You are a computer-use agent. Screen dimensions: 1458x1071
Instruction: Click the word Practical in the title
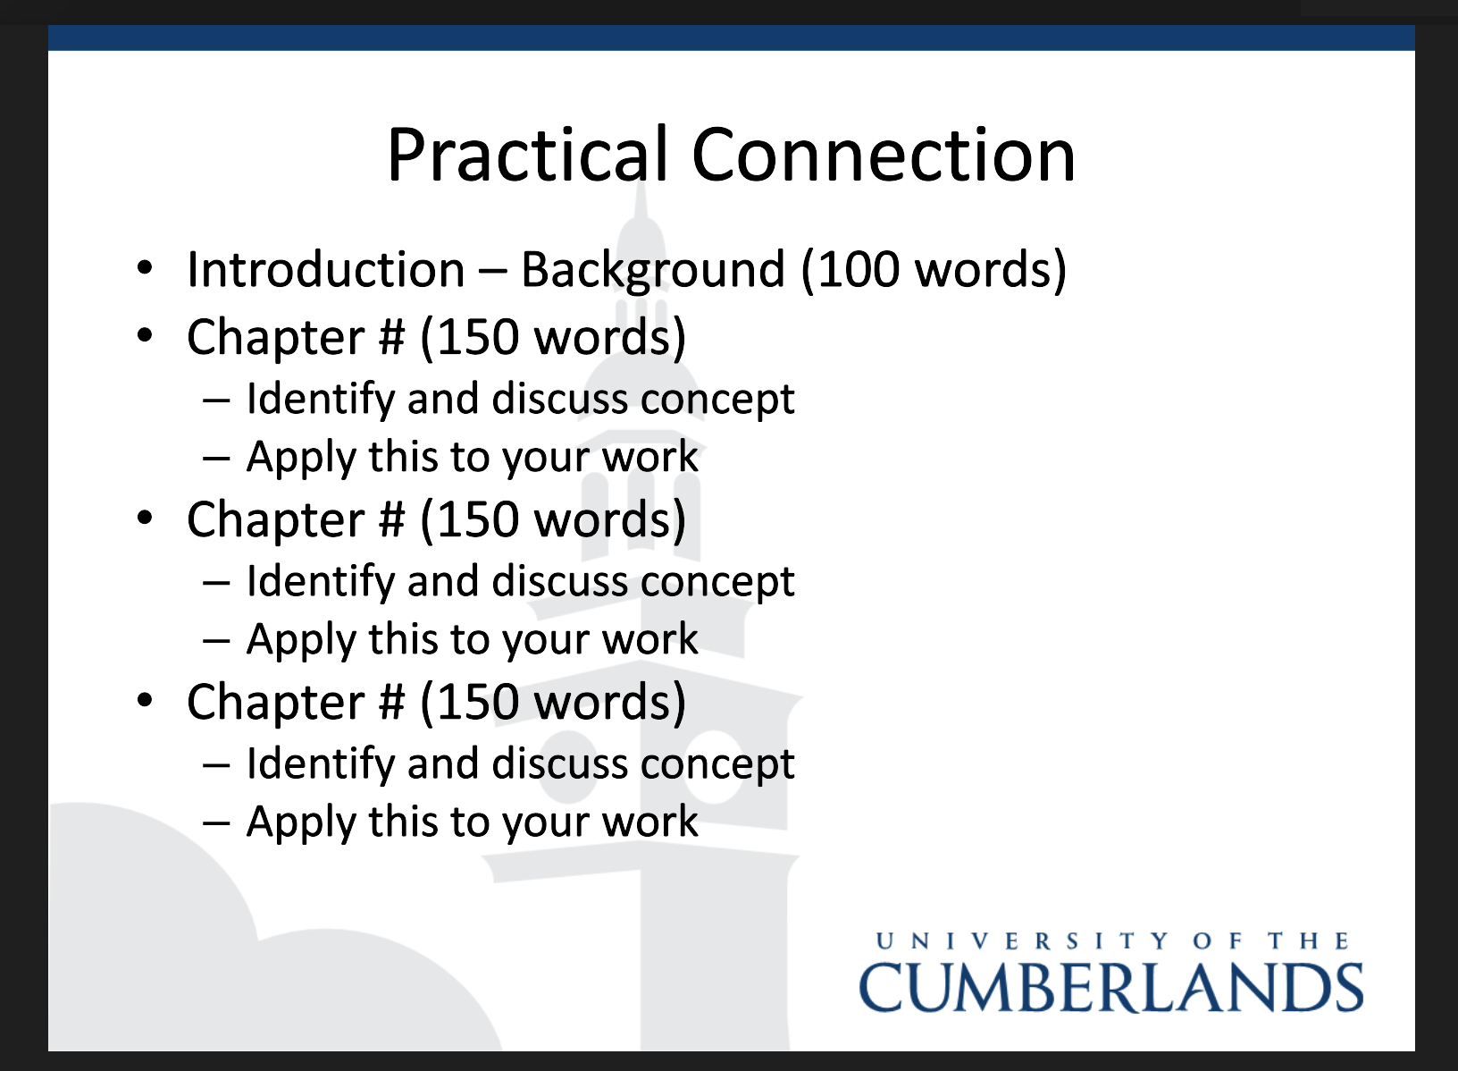click(528, 155)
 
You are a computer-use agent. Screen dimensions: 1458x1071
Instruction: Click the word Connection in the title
click(884, 155)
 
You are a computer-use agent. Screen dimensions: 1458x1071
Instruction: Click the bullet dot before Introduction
click(145, 268)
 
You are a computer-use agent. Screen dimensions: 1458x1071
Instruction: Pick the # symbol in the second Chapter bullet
click(392, 519)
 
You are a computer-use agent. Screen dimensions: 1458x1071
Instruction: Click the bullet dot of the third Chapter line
click(145, 700)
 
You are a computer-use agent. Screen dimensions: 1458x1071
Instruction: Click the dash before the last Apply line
click(216, 822)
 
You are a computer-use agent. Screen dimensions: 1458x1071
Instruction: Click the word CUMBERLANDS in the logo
click(1111, 988)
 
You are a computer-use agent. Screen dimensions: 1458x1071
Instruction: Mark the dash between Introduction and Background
click(493, 271)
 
